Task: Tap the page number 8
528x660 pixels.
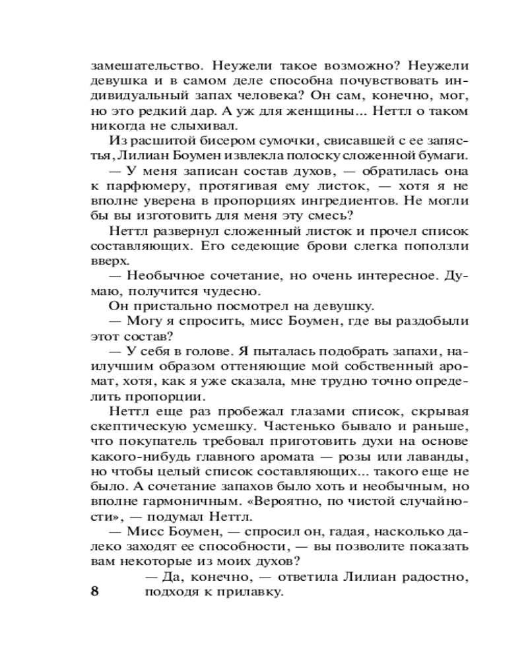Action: click(x=94, y=591)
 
